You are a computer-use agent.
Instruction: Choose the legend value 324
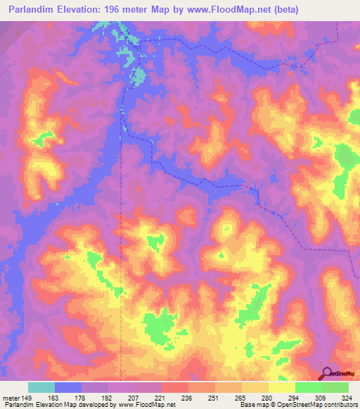click(347, 397)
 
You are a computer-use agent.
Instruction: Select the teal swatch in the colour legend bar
click(41, 387)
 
